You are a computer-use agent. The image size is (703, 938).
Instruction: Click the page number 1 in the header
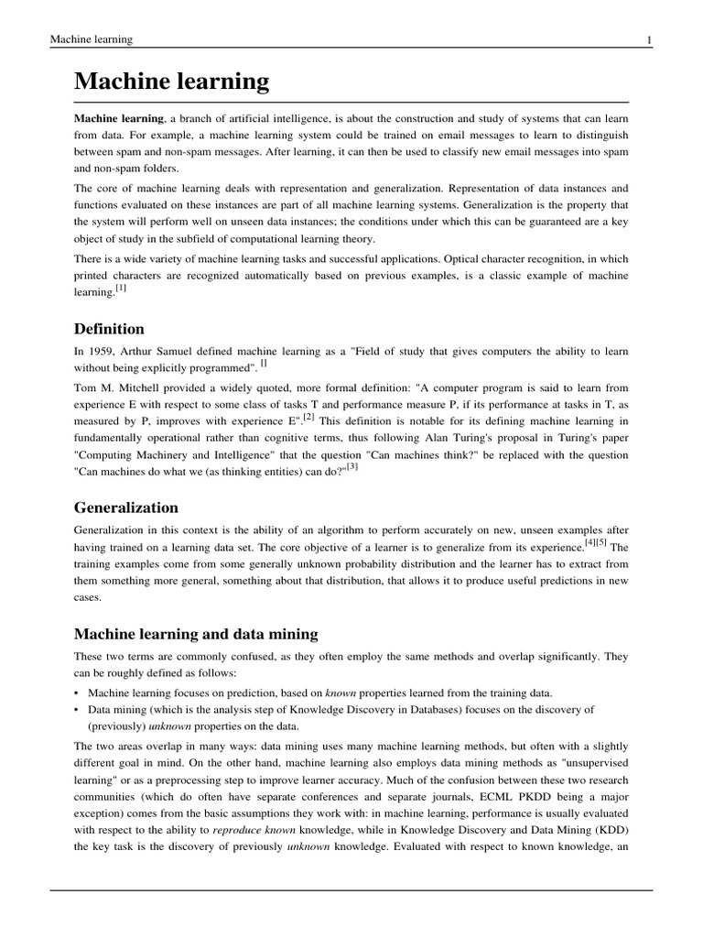649,39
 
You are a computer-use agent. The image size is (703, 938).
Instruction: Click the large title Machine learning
172,82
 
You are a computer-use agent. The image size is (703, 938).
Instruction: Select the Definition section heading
109,328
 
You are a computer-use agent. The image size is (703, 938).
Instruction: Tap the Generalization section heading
126,507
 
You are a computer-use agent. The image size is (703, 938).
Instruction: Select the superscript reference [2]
308,417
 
